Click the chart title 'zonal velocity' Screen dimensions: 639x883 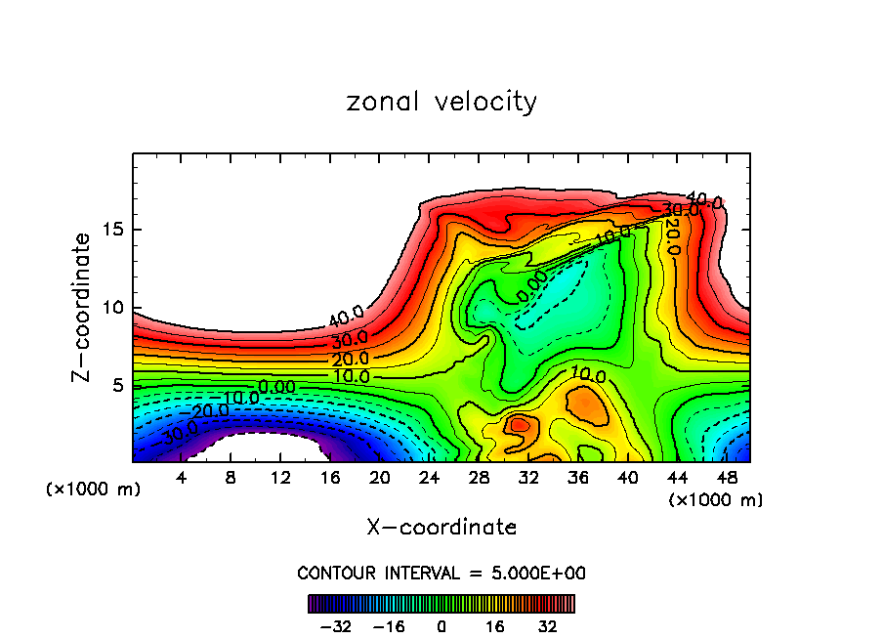click(441, 102)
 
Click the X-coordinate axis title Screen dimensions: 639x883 click(441, 528)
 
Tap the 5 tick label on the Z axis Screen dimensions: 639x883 click(114, 386)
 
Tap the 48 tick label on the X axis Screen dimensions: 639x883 click(726, 479)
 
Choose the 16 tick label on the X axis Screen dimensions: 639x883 click(330, 479)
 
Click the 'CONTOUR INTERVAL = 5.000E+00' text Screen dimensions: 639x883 click(441, 573)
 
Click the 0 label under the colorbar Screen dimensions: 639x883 click(441, 625)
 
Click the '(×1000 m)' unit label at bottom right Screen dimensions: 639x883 click(716, 500)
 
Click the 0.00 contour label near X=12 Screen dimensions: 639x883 click(275, 388)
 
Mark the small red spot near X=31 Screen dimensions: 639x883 click(519, 425)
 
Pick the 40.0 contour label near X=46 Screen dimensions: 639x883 click(704, 201)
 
